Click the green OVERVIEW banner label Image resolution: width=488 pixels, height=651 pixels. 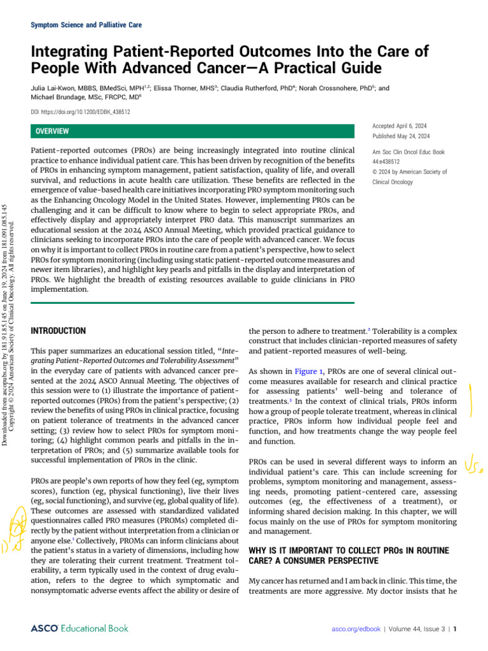coord(53,131)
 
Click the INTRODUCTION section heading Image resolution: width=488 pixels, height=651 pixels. coord(58,331)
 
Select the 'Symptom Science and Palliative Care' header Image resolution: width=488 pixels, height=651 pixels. coord(86,25)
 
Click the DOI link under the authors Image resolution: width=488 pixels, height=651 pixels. coord(81,112)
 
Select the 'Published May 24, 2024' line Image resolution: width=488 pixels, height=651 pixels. coord(401,136)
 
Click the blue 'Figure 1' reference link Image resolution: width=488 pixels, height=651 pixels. coord(308,371)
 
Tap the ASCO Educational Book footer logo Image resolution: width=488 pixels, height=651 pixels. coord(79,628)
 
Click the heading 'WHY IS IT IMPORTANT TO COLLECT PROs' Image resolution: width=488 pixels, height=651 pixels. coord(348,550)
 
